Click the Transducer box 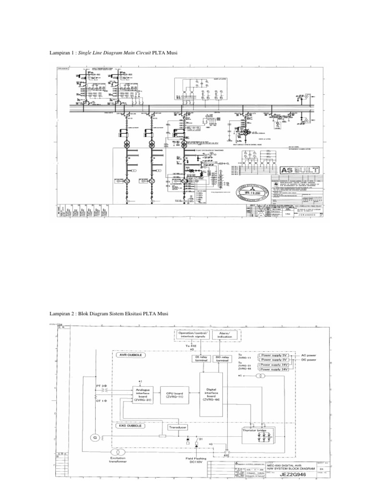click(177, 427)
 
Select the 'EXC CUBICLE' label click(131, 425)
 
